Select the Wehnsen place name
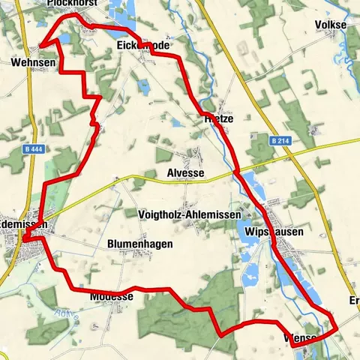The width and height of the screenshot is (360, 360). pos(32,62)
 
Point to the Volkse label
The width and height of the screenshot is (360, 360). pos(330,25)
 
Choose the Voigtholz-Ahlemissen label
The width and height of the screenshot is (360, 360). pos(190,214)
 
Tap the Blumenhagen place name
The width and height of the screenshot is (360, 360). pos(140,244)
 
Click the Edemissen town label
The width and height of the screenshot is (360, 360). pos(24,224)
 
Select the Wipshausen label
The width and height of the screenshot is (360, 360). pos(274,232)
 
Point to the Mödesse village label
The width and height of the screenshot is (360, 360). pos(111,297)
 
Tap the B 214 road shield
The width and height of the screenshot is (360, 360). pos(280,140)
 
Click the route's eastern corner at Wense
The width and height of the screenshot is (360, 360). pos(335,328)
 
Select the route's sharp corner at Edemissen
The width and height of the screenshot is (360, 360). pos(24,240)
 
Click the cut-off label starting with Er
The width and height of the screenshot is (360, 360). pos(354,301)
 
